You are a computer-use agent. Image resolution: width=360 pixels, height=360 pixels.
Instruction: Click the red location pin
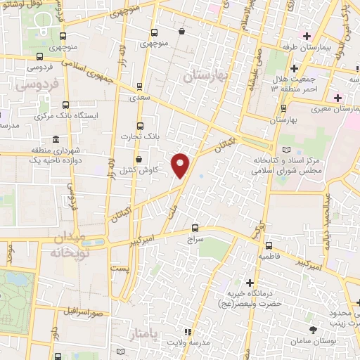pos(181,165)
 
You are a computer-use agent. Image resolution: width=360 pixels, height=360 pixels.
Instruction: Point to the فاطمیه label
pos(271,257)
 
